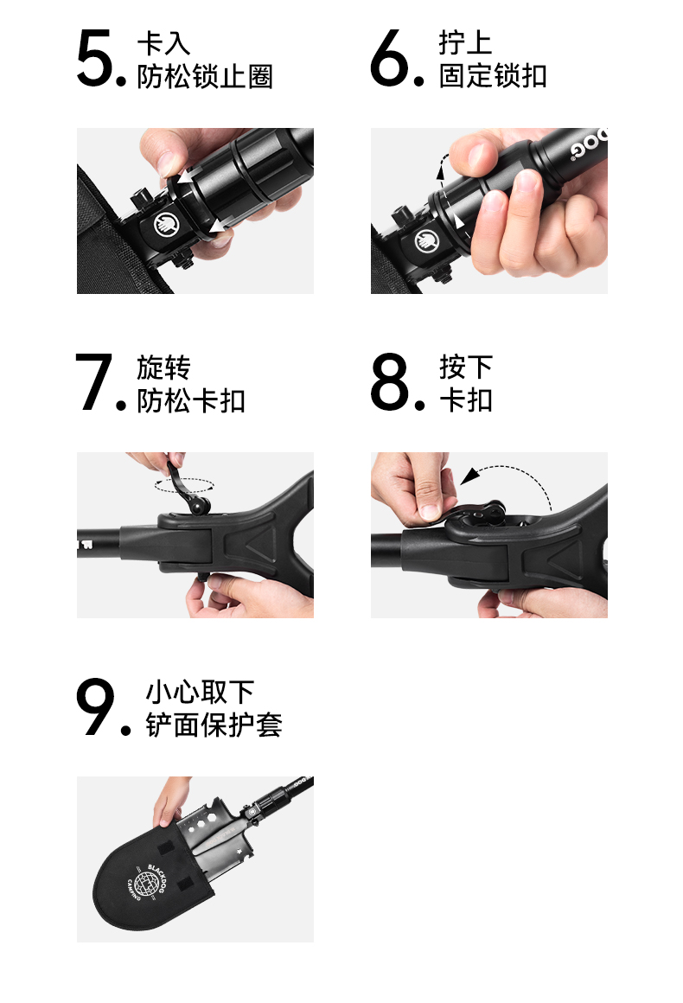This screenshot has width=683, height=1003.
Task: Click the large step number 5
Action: coord(94,58)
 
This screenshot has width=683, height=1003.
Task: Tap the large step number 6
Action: coord(389,58)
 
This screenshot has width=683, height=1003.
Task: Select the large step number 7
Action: coord(93,382)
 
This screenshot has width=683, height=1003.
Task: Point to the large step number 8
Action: coord(389,382)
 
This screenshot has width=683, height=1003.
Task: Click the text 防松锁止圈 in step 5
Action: coord(205,77)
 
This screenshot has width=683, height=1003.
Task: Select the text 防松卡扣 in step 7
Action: coord(191,401)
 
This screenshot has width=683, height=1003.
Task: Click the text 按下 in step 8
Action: coord(466,367)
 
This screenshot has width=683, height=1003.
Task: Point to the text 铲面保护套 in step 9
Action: coord(214,725)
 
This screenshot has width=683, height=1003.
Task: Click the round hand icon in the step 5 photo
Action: coord(166,225)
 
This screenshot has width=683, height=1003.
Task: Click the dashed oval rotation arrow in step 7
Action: coord(184,486)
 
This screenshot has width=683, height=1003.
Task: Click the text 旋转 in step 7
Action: coord(163,367)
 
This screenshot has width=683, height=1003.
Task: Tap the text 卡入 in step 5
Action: coord(163,43)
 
